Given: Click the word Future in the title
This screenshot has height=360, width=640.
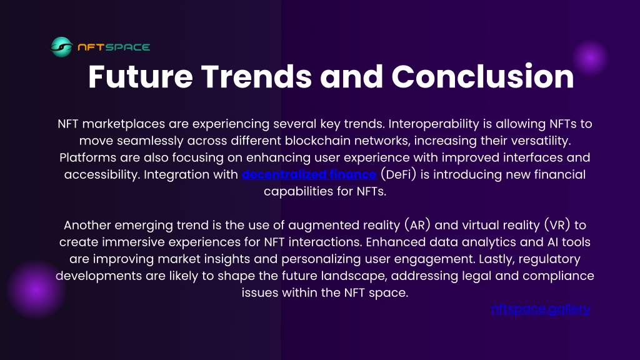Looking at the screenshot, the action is tap(141, 76).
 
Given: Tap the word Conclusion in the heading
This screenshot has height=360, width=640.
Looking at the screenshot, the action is tap(482, 76).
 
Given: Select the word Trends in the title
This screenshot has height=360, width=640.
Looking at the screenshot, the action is tap(256, 76).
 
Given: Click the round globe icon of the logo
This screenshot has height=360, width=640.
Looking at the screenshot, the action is tap(62, 47).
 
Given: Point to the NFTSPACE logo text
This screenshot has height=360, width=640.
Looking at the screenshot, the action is tap(114, 47).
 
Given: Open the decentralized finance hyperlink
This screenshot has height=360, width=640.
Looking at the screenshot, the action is tap(309, 174).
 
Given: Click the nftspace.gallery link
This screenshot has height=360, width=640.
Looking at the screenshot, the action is tap(541, 309).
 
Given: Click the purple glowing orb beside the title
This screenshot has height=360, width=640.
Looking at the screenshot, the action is tap(590, 58).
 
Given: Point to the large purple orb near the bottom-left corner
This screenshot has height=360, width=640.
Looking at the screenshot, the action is tap(36, 289).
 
